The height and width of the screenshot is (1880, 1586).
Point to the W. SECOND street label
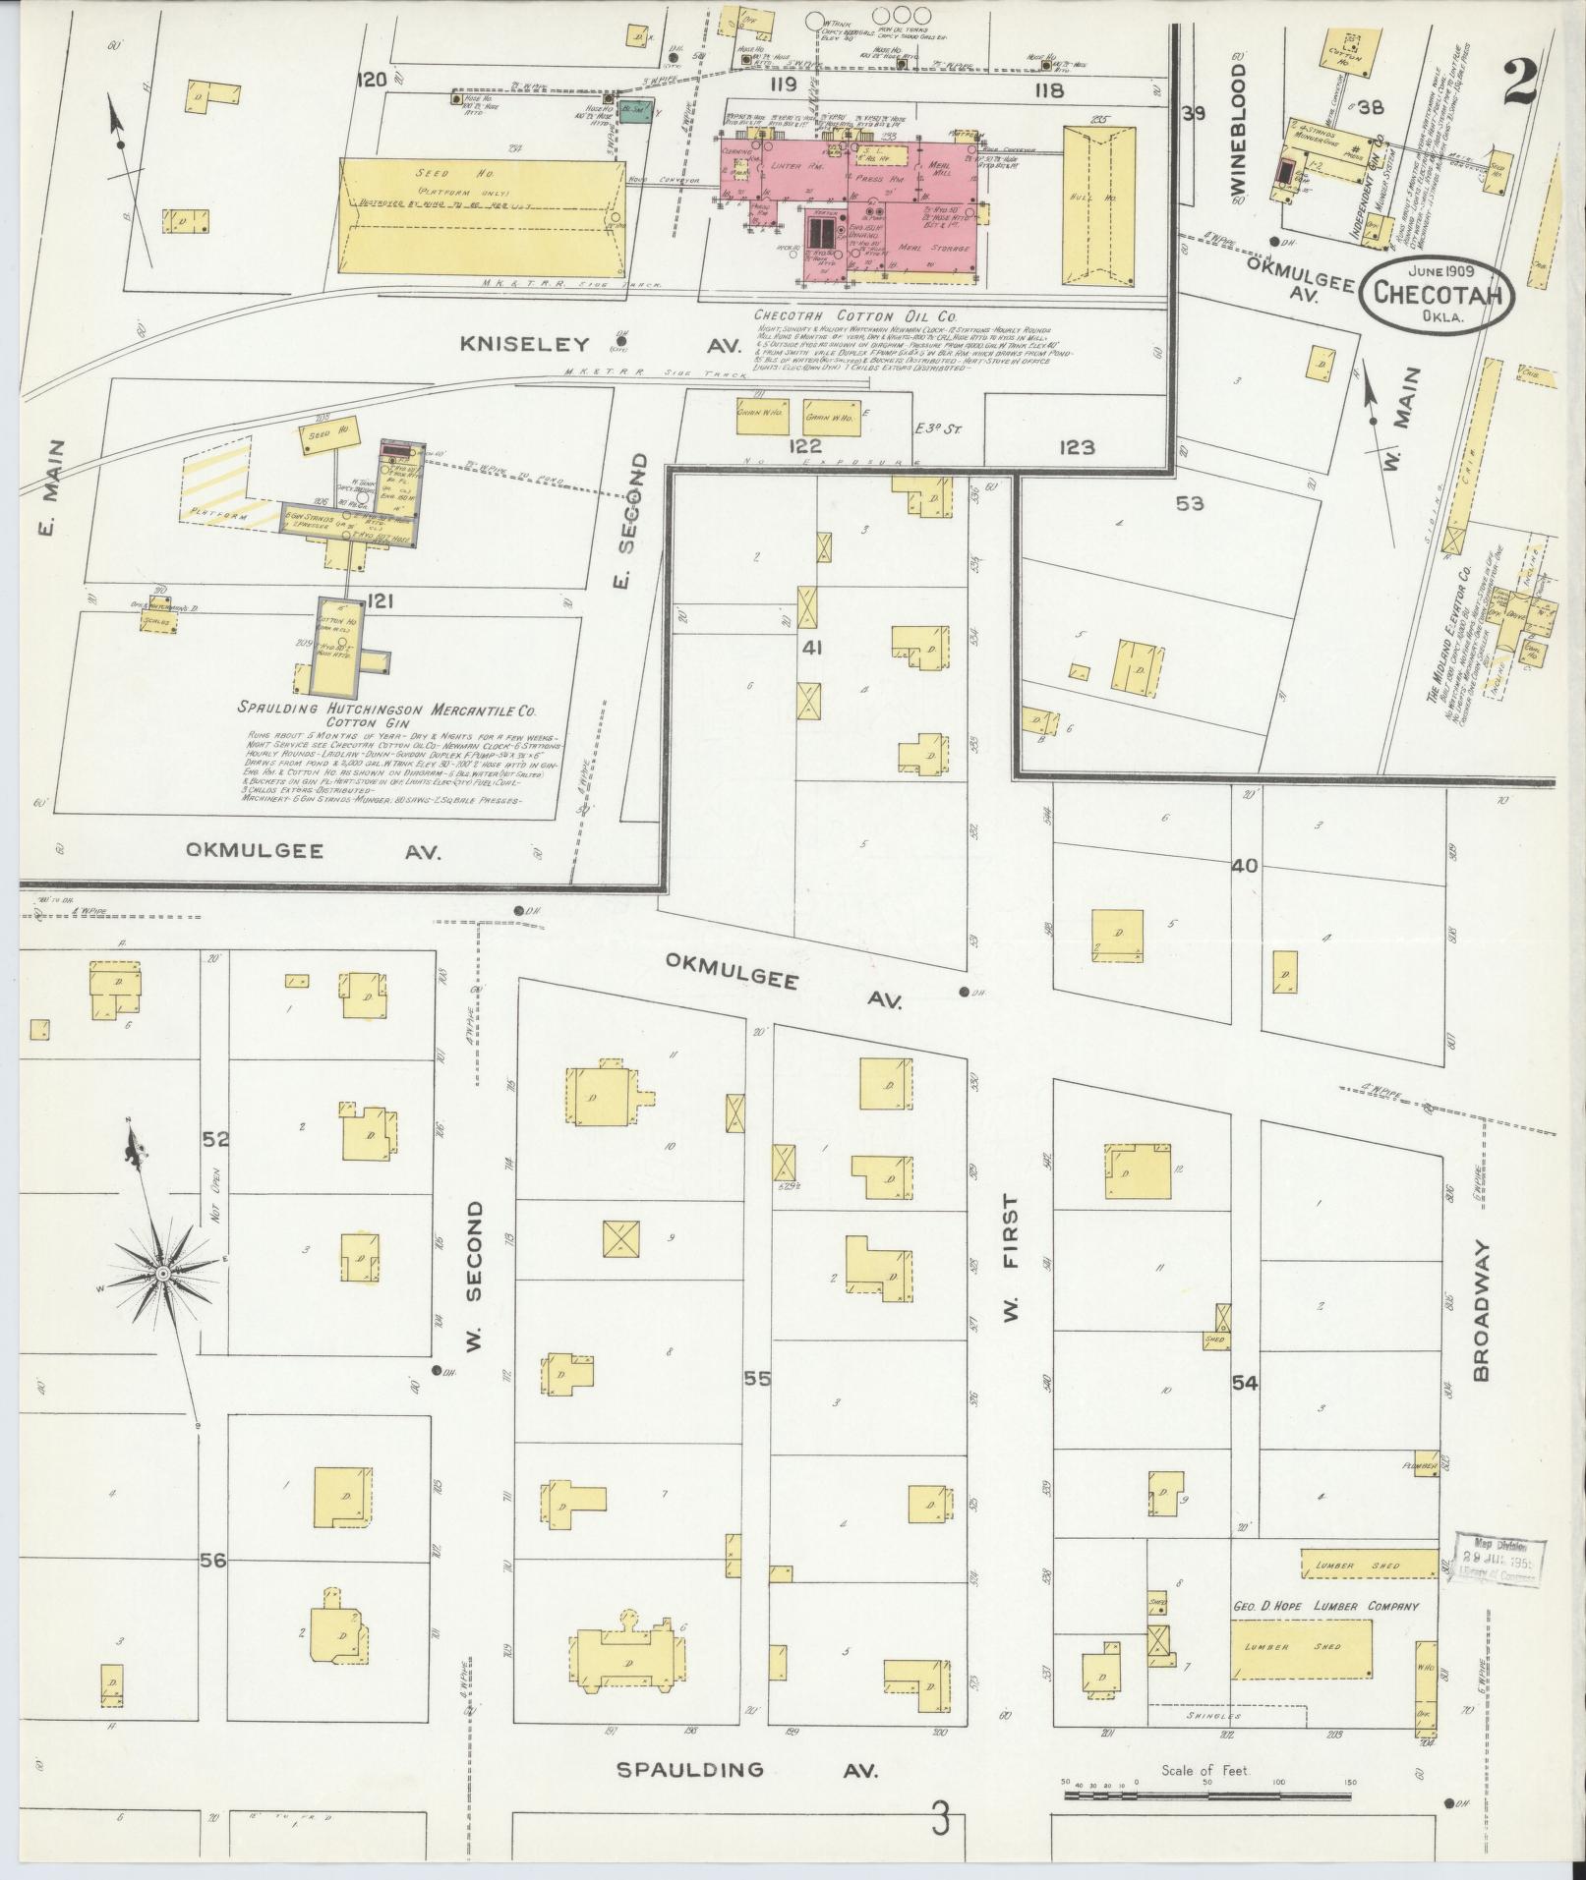tap(476, 1276)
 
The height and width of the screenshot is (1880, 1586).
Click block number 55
tap(756, 1379)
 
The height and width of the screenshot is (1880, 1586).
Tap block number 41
tap(812, 649)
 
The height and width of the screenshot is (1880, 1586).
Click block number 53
tap(1189, 504)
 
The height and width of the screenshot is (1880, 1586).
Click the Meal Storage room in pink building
tap(935, 249)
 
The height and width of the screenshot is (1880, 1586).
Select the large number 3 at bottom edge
tap(941, 1820)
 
